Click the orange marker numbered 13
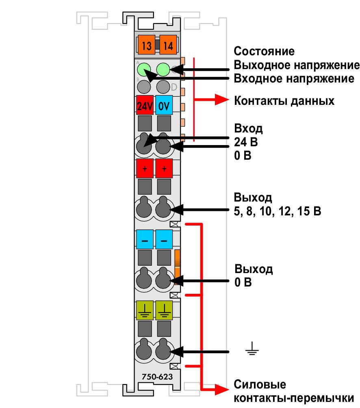coord(146,45)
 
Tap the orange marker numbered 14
coord(168,45)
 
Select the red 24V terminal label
coord(145,105)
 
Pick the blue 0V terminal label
coord(164,105)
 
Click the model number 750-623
coord(157,377)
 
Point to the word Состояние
coord(264,51)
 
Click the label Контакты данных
coord(284,101)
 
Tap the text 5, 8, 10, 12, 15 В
coord(277,211)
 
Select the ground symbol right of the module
coord(252,349)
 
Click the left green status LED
coord(144,69)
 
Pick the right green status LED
coord(163,69)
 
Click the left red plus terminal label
coord(145,168)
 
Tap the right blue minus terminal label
coord(164,240)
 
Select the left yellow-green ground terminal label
coord(145,310)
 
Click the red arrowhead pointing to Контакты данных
coord(221,99)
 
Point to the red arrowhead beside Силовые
coord(221,390)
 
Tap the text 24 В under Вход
coord(246,142)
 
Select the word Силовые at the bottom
coord(260,384)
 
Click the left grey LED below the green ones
coord(144,87)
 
